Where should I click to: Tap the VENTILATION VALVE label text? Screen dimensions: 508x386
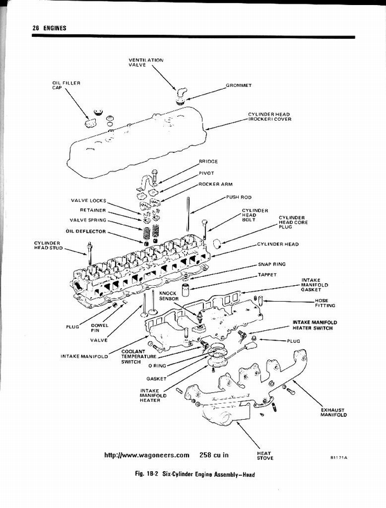coord(145,63)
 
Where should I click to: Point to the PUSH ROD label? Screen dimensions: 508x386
coord(237,197)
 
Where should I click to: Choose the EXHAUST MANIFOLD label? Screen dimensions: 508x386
coord(333,413)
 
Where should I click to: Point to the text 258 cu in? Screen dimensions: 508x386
coord(218,455)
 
